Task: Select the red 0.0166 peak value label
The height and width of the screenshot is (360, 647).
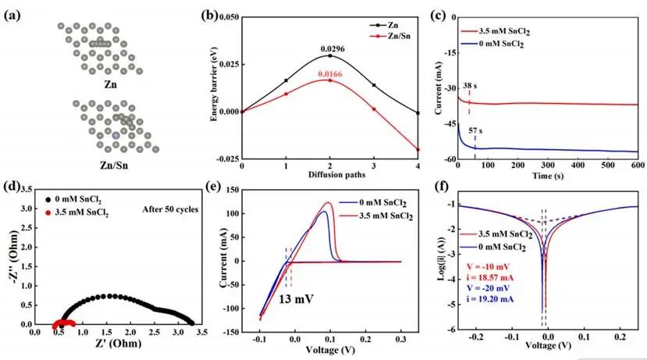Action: coord(330,74)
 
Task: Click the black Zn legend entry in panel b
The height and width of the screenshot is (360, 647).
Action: coord(384,25)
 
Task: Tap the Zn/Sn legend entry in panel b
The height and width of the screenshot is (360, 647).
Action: coord(390,37)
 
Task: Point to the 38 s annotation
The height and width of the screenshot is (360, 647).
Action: coord(470,86)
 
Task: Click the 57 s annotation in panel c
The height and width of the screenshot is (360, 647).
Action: coord(475,131)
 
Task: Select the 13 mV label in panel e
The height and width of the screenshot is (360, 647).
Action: coord(296,298)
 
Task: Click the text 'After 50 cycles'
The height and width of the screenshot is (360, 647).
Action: coord(170,209)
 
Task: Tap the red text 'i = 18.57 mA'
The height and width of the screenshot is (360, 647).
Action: coord(490,277)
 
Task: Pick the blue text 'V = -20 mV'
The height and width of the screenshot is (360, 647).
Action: coord(488,288)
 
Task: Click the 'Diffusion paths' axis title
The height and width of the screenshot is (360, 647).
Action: coord(336,175)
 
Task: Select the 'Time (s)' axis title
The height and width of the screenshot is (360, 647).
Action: coord(548,176)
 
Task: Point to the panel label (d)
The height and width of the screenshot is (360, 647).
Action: coord(12,187)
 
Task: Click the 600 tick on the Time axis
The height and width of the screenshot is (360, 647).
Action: coord(638,165)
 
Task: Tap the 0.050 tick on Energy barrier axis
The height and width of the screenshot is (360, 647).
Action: coord(229,17)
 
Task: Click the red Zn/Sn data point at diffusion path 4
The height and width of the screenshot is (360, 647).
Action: coord(418,149)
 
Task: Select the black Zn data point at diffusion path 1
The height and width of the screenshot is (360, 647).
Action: coord(286,80)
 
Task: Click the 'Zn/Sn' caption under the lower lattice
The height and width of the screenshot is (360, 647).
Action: coord(114,166)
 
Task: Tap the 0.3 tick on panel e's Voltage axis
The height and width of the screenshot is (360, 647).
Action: coord(400,340)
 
